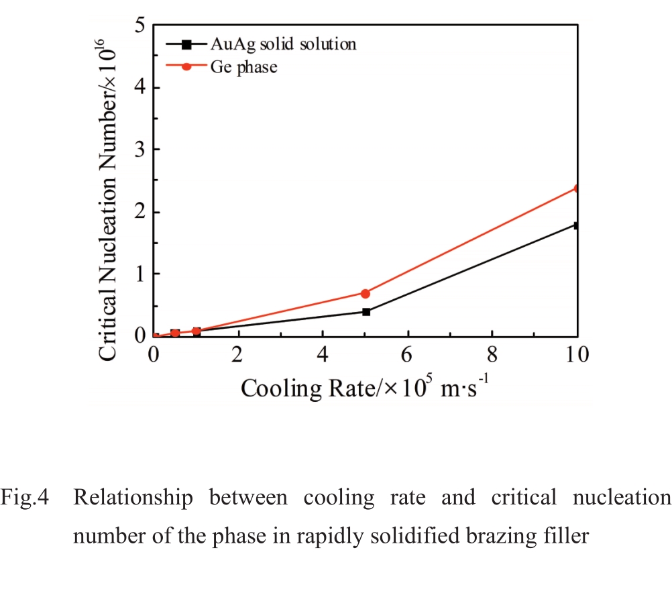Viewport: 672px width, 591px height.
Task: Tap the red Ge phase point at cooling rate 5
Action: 366,293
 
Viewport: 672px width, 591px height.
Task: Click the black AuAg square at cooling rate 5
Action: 366,312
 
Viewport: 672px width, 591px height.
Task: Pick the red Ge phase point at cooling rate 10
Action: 576,189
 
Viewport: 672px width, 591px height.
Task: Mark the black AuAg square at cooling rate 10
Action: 576,225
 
